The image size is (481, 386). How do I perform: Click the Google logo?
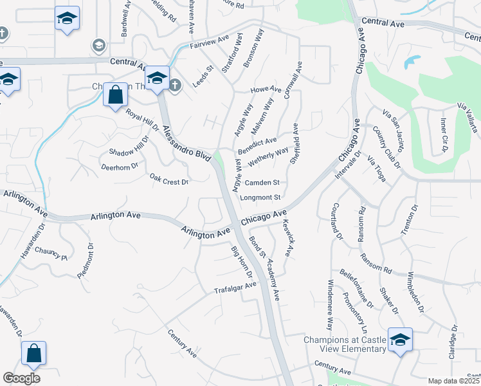(21, 378)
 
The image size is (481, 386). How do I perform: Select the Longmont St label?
(260, 198)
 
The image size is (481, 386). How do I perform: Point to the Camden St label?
(262, 183)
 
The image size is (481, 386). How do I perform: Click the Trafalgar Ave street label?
(235, 288)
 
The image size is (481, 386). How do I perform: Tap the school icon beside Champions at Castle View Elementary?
(399, 339)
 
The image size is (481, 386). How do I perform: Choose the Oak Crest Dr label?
(168, 178)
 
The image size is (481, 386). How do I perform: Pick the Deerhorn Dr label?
(120, 166)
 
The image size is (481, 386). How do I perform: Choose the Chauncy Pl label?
(51, 253)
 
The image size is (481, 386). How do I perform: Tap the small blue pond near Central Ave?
(412, 62)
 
